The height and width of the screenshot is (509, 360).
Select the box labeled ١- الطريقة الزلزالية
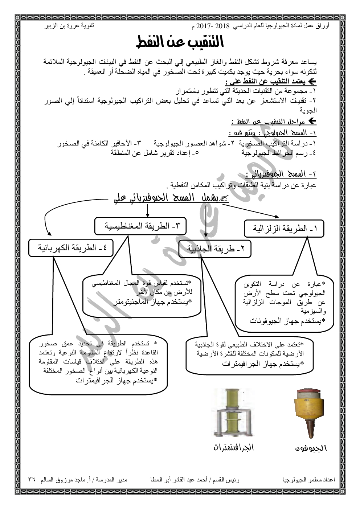click(x=284, y=229)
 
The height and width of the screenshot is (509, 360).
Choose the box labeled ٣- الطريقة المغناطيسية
click(x=140, y=226)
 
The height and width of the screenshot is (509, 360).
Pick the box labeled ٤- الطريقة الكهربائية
click(x=71, y=248)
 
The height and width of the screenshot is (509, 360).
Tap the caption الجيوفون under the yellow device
click(x=311, y=448)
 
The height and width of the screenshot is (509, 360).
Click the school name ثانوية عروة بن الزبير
click(x=69, y=27)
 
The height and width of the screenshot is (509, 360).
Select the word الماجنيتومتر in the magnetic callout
click(x=134, y=301)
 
